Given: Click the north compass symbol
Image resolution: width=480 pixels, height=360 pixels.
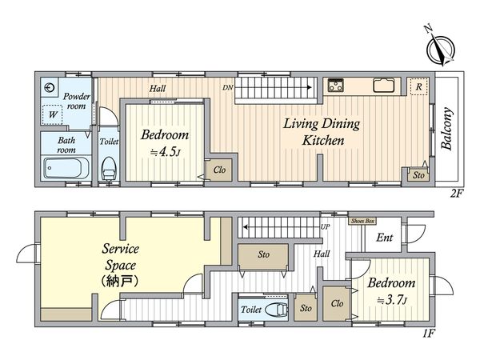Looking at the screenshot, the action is click(x=441, y=49).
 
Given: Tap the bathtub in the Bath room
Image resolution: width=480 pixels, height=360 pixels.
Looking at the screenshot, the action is click(x=66, y=168).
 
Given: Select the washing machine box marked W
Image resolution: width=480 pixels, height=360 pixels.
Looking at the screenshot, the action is click(x=52, y=114).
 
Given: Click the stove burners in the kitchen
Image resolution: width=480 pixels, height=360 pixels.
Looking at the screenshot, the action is click(x=336, y=86).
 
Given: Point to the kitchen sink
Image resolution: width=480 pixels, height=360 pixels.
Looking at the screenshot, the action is click(x=383, y=85).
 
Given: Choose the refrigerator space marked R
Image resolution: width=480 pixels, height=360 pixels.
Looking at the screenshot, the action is click(x=418, y=86).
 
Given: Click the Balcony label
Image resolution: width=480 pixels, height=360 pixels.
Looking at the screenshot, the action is click(x=447, y=129).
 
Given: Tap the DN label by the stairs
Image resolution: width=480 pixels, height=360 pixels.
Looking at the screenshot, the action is click(x=228, y=87).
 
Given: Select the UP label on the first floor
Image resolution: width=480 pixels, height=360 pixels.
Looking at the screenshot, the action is click(x=325, y=227).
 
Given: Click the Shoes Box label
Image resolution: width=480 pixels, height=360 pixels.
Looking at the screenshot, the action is click(x=363, y=221).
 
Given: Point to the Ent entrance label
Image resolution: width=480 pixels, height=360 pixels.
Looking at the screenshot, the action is click(x=385, y=238).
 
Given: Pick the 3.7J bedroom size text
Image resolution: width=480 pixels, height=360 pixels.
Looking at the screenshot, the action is click(x=392, y=300).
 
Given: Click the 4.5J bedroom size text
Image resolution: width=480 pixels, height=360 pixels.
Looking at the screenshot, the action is click(x=164, y=152).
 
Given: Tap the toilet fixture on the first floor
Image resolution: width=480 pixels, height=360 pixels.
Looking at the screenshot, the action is click(x=277, y=310).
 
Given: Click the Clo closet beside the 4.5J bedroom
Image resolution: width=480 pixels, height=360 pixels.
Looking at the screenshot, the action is click(x=219, y=170).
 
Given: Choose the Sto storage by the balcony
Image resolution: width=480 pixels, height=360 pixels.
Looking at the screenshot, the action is click(x=418, y=175).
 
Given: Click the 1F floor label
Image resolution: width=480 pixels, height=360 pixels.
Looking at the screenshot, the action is click(x=429, y=333).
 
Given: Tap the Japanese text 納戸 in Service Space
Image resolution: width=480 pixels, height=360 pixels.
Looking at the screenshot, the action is click(x=120, y=281).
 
